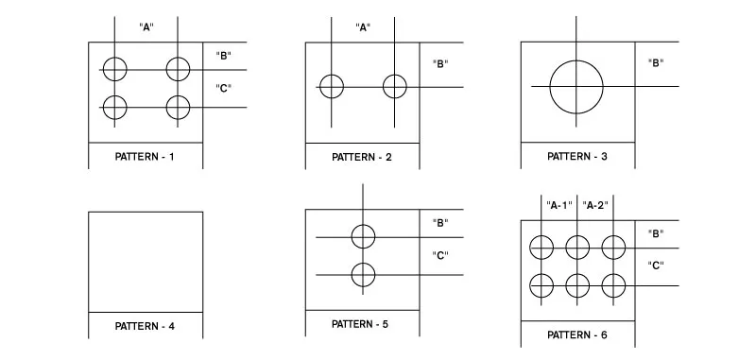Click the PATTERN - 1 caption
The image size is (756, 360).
[x=145, y=157]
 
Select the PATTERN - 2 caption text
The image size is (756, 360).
[x=361, y=157]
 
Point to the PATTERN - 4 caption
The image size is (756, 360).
[x=145, y=327]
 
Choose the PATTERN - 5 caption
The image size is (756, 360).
[x=361, y=324]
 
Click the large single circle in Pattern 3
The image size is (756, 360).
[x=576, y=86]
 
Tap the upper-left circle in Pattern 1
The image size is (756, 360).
[x=114, y=69]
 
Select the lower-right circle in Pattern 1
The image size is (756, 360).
[x=178, y=107]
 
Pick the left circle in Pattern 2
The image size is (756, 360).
[x=331, y=86]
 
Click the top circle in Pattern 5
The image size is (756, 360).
[x=363, y=236]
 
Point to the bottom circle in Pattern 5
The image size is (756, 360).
[x=363, y=275]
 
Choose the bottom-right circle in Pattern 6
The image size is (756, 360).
[x=613, y=283]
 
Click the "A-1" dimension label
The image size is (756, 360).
[x=559, y=204]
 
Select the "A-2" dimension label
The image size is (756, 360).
[x=595, y=204]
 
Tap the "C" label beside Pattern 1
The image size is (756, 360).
[x=224, y=89]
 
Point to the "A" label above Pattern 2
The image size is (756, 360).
[x=362, y=27]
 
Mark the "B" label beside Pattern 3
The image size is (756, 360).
[x=655, y=63]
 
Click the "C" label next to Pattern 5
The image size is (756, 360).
[x=439, y=255]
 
